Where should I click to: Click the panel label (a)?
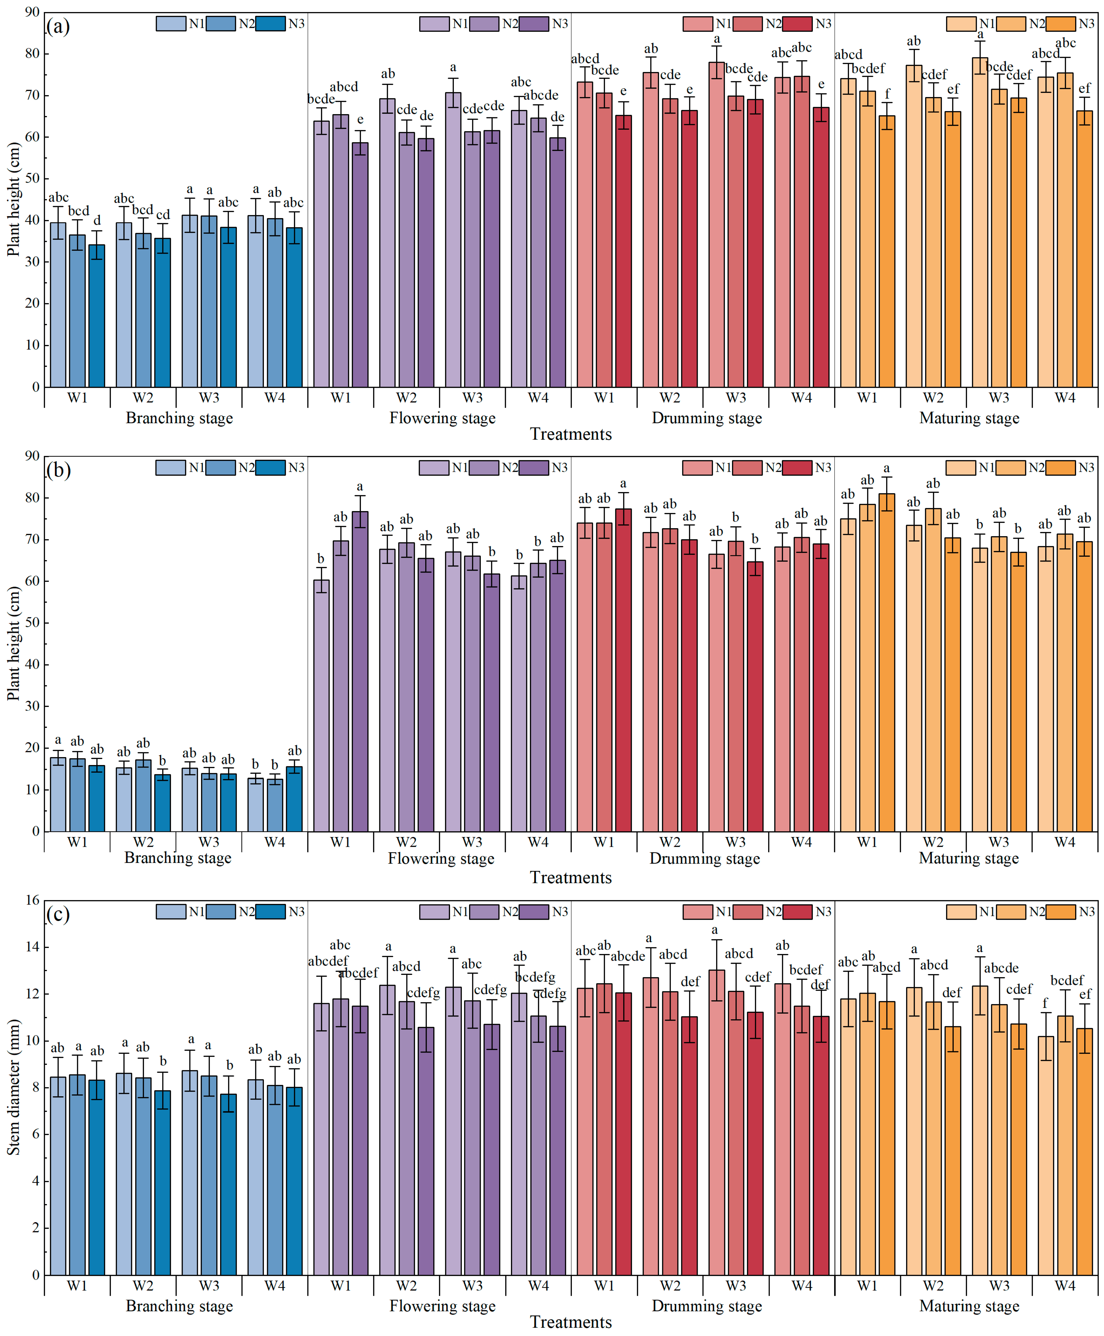point(58,27)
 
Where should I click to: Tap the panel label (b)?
point(58,470)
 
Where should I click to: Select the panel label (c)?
point(58,915)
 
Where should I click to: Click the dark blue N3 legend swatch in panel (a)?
point(270,23)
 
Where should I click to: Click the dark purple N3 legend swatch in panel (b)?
point(533,468)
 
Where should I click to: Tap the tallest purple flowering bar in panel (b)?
point(360,671)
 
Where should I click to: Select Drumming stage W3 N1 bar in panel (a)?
point(717,224)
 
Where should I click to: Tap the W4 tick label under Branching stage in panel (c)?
point(275,1286)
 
